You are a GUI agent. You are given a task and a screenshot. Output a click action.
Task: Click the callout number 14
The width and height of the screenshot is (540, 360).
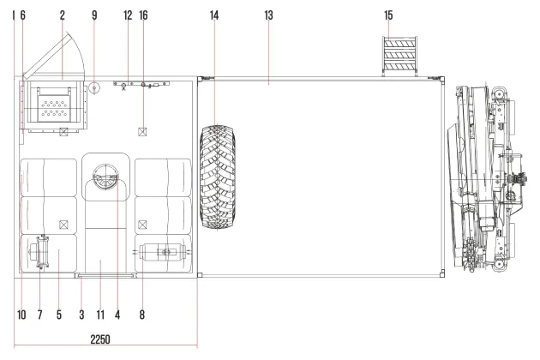[214, 15]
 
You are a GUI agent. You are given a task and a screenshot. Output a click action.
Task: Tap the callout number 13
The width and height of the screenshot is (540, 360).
[268, 15]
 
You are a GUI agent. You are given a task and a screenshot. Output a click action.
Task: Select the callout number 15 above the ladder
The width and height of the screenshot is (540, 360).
[388, 15]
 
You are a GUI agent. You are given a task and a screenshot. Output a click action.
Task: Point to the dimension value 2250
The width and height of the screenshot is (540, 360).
[100, 339]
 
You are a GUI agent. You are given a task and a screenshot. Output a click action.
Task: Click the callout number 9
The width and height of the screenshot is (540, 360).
[94, 15]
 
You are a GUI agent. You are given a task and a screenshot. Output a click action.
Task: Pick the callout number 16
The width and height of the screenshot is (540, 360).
[143, 15]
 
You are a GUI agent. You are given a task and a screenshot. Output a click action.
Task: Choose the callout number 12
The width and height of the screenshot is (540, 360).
[128, 15]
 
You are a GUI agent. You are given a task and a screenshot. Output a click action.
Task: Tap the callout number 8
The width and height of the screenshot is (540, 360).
[142, 315]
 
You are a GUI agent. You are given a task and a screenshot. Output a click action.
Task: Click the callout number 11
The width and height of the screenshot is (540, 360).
[100, 315]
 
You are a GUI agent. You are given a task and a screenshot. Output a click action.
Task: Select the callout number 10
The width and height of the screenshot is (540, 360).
[21, 315]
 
